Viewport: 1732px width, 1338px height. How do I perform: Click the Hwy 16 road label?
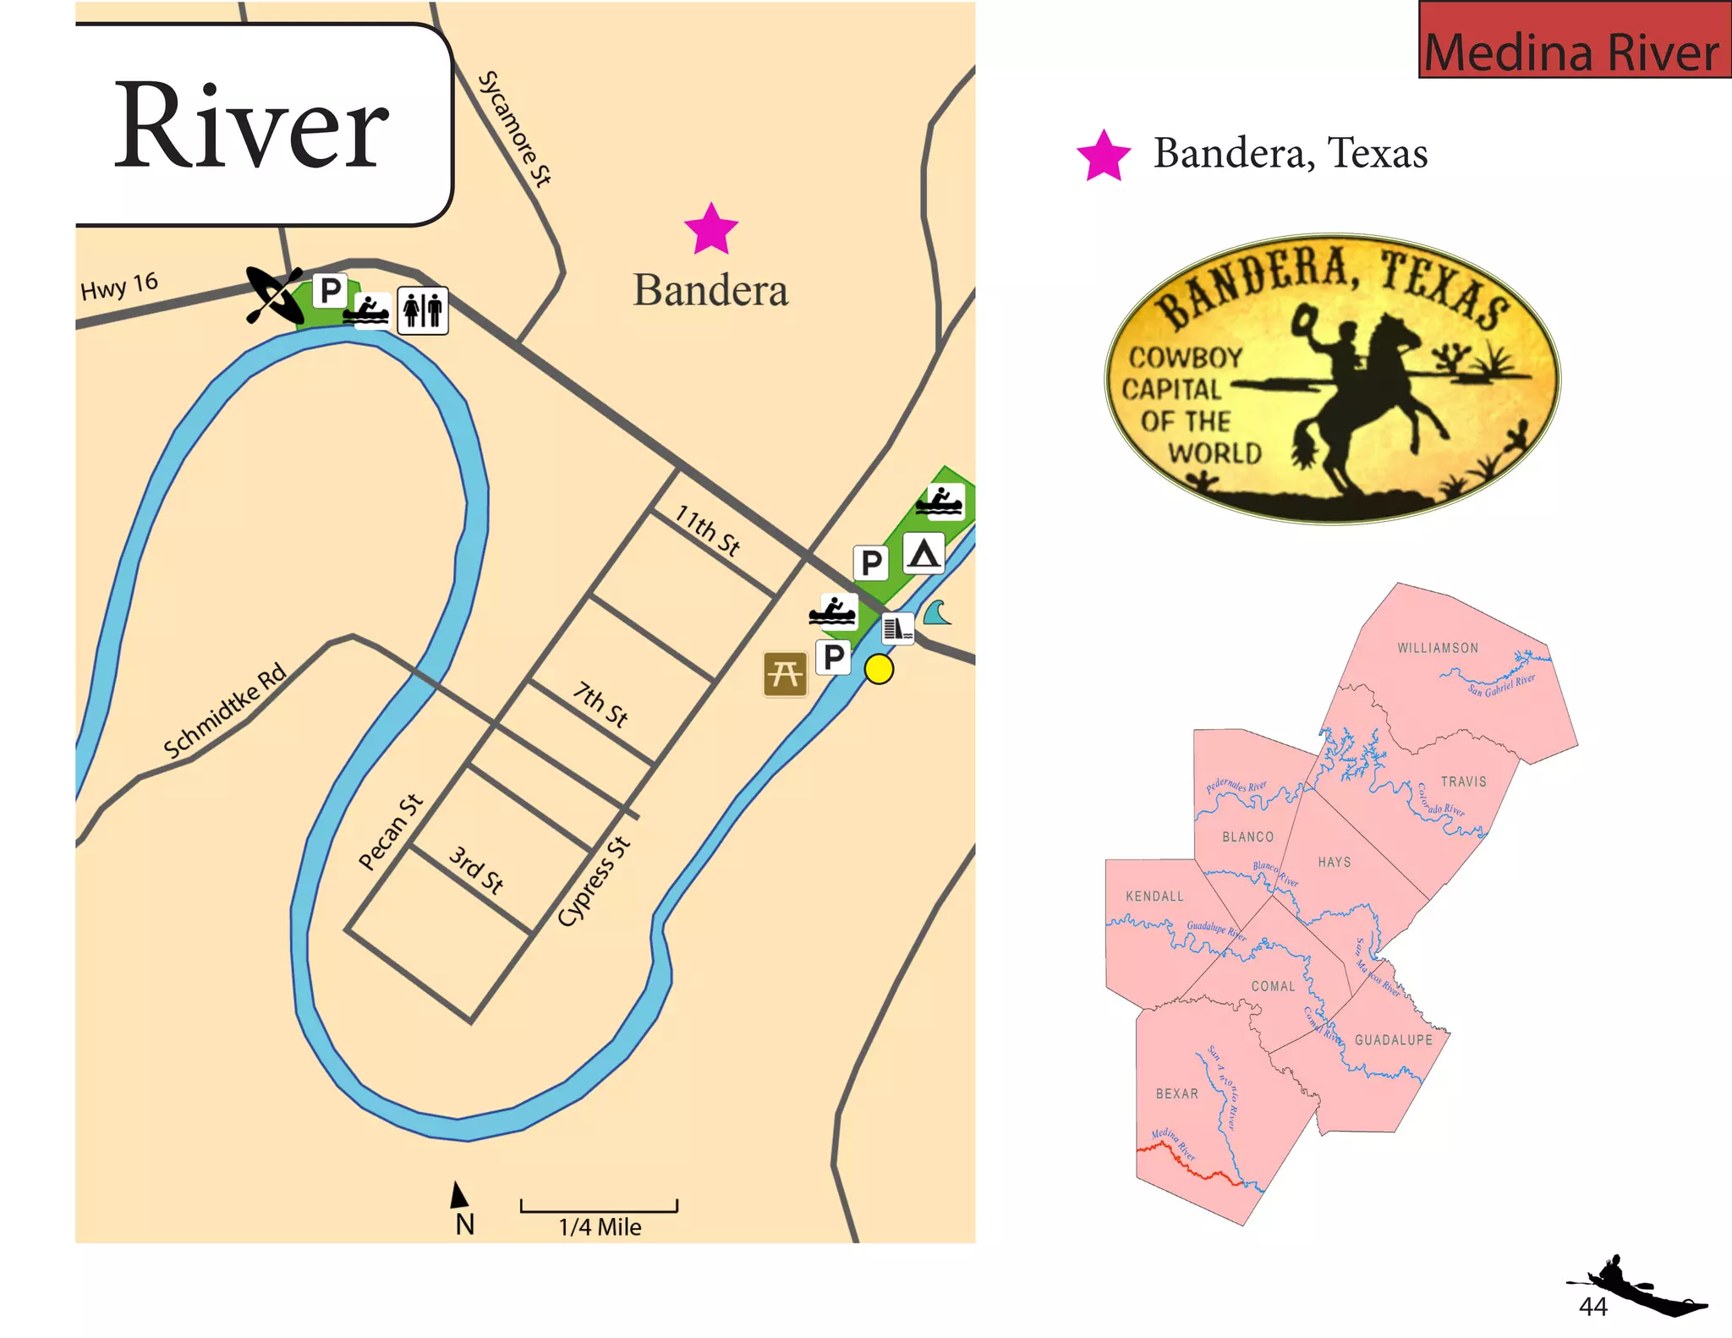[119, 286]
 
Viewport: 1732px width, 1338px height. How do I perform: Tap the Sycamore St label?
[514, 129]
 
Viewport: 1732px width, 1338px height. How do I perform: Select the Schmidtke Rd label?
[225, 711]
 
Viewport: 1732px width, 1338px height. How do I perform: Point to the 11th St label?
[707, 530]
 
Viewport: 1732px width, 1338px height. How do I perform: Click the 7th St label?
[600, 705]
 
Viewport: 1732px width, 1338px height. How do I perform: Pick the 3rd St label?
[476, 869]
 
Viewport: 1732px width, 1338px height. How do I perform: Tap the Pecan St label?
[390, 831]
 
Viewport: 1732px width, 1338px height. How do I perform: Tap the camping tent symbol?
[923, 554]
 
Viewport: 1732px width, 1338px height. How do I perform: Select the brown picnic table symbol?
[785, 674]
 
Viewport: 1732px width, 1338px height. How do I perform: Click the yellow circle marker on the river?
[879, 669]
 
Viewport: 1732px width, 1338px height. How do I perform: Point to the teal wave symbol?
[937, 611]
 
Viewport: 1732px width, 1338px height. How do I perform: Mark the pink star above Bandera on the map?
[710, 229]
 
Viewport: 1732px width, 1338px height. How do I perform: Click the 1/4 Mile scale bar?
[599, 1207]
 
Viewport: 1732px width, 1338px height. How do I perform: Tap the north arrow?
[458, 1196]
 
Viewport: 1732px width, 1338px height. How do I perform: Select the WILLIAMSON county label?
[1438, 648]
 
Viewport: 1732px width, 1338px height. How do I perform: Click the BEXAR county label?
[1176, 1094]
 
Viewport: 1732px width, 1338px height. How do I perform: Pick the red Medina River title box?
[1574, 40]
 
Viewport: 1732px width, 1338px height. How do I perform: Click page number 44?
[1592, 1307]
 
